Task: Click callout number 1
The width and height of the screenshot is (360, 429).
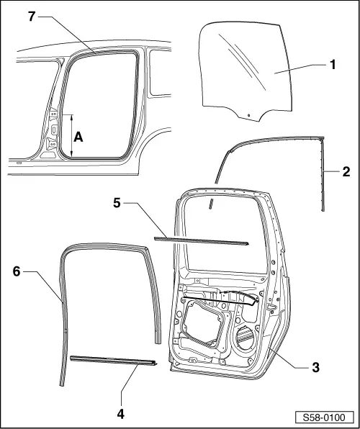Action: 333,65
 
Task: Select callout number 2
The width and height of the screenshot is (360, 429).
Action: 346,173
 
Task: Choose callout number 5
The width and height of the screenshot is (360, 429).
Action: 115,204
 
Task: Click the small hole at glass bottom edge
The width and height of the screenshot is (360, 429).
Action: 248,115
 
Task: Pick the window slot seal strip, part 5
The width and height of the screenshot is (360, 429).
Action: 202,239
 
